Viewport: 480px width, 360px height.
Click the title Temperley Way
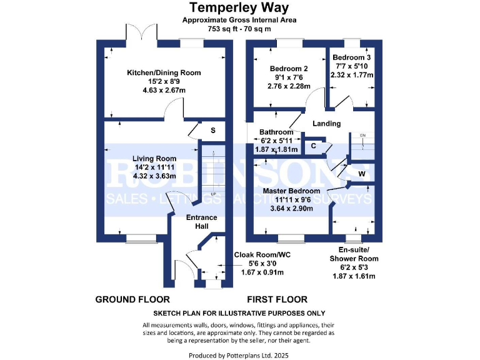pos(239,8)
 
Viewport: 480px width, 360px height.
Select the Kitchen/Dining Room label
pos(164,72)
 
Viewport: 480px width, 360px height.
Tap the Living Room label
pos(154,158)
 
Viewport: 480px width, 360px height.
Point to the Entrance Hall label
pos(202,221)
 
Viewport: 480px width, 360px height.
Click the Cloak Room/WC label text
pos(262,255)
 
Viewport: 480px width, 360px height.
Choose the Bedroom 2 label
pos(289,69)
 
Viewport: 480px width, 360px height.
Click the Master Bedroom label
pos(291,191)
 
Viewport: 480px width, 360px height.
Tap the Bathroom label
pos(277,132)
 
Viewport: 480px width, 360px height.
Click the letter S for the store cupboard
pos(212,131)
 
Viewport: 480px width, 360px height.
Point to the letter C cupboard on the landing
pos(314,146)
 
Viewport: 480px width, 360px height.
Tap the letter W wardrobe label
pos(362,173)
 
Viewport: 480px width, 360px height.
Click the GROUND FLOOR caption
pos(132,300)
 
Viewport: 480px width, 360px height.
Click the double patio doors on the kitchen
pos(148,32)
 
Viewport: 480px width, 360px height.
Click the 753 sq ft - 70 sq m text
pos(239,29)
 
